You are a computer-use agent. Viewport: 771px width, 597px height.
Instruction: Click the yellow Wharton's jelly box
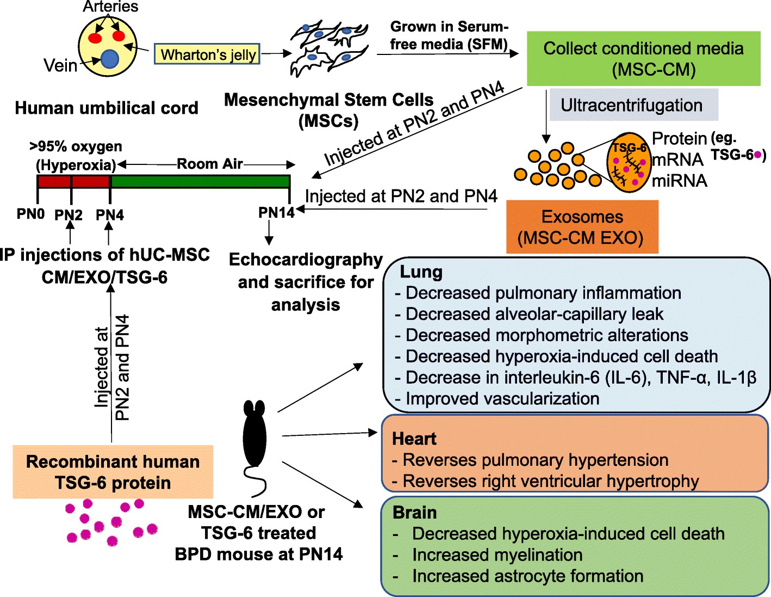point(207,54)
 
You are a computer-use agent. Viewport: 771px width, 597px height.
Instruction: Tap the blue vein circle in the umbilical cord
point(110,59)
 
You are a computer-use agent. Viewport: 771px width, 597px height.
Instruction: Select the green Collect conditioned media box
point(643,59)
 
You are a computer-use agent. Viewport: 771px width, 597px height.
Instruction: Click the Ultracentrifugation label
point(631,105)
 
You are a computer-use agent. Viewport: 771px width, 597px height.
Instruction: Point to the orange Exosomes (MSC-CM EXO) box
point(582,227)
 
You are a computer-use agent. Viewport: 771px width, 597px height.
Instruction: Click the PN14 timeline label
point(276,213)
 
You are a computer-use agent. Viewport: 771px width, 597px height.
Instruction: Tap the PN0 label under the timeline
point(30,214)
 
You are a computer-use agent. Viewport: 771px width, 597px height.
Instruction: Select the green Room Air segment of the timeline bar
point(200,181)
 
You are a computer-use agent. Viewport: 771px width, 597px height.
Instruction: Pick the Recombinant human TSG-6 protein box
point(113,472)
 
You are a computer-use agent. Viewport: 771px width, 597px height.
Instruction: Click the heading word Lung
point(421,272)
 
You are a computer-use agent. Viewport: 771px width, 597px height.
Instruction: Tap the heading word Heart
point(414,439)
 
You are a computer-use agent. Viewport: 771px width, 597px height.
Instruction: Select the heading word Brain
point(414,513)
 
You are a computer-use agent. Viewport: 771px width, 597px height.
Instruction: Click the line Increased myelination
point(497,555)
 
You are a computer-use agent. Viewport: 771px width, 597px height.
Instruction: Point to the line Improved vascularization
point(502,398)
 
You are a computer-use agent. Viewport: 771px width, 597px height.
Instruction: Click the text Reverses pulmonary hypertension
point(535,460)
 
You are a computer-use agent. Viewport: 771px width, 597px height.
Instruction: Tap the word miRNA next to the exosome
point(680,181)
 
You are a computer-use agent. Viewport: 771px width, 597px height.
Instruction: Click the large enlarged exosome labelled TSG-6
point(629,162)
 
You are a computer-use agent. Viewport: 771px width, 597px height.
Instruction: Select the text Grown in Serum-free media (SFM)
point(449,35)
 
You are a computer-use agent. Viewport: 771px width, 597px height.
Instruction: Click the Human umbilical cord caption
point(107,108)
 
